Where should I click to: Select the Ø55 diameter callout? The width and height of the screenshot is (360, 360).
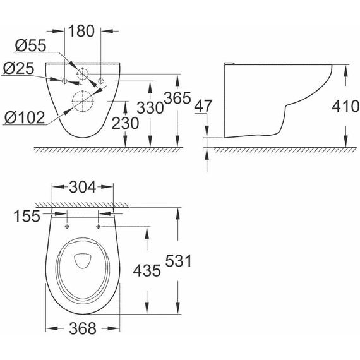pos(28,45)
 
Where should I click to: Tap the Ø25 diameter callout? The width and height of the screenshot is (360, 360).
pos(18,68)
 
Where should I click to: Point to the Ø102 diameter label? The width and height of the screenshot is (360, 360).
pos(23,116)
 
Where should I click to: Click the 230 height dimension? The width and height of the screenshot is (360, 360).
pos(125,124)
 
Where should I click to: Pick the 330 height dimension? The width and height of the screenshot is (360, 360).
pos(152,106)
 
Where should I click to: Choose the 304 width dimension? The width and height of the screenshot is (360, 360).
pos(83,187)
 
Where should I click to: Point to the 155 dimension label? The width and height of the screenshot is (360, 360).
pos(26,216)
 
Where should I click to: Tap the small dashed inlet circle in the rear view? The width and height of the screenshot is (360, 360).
pos(83,73)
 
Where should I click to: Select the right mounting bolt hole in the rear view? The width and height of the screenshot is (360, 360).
pos(100,80)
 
